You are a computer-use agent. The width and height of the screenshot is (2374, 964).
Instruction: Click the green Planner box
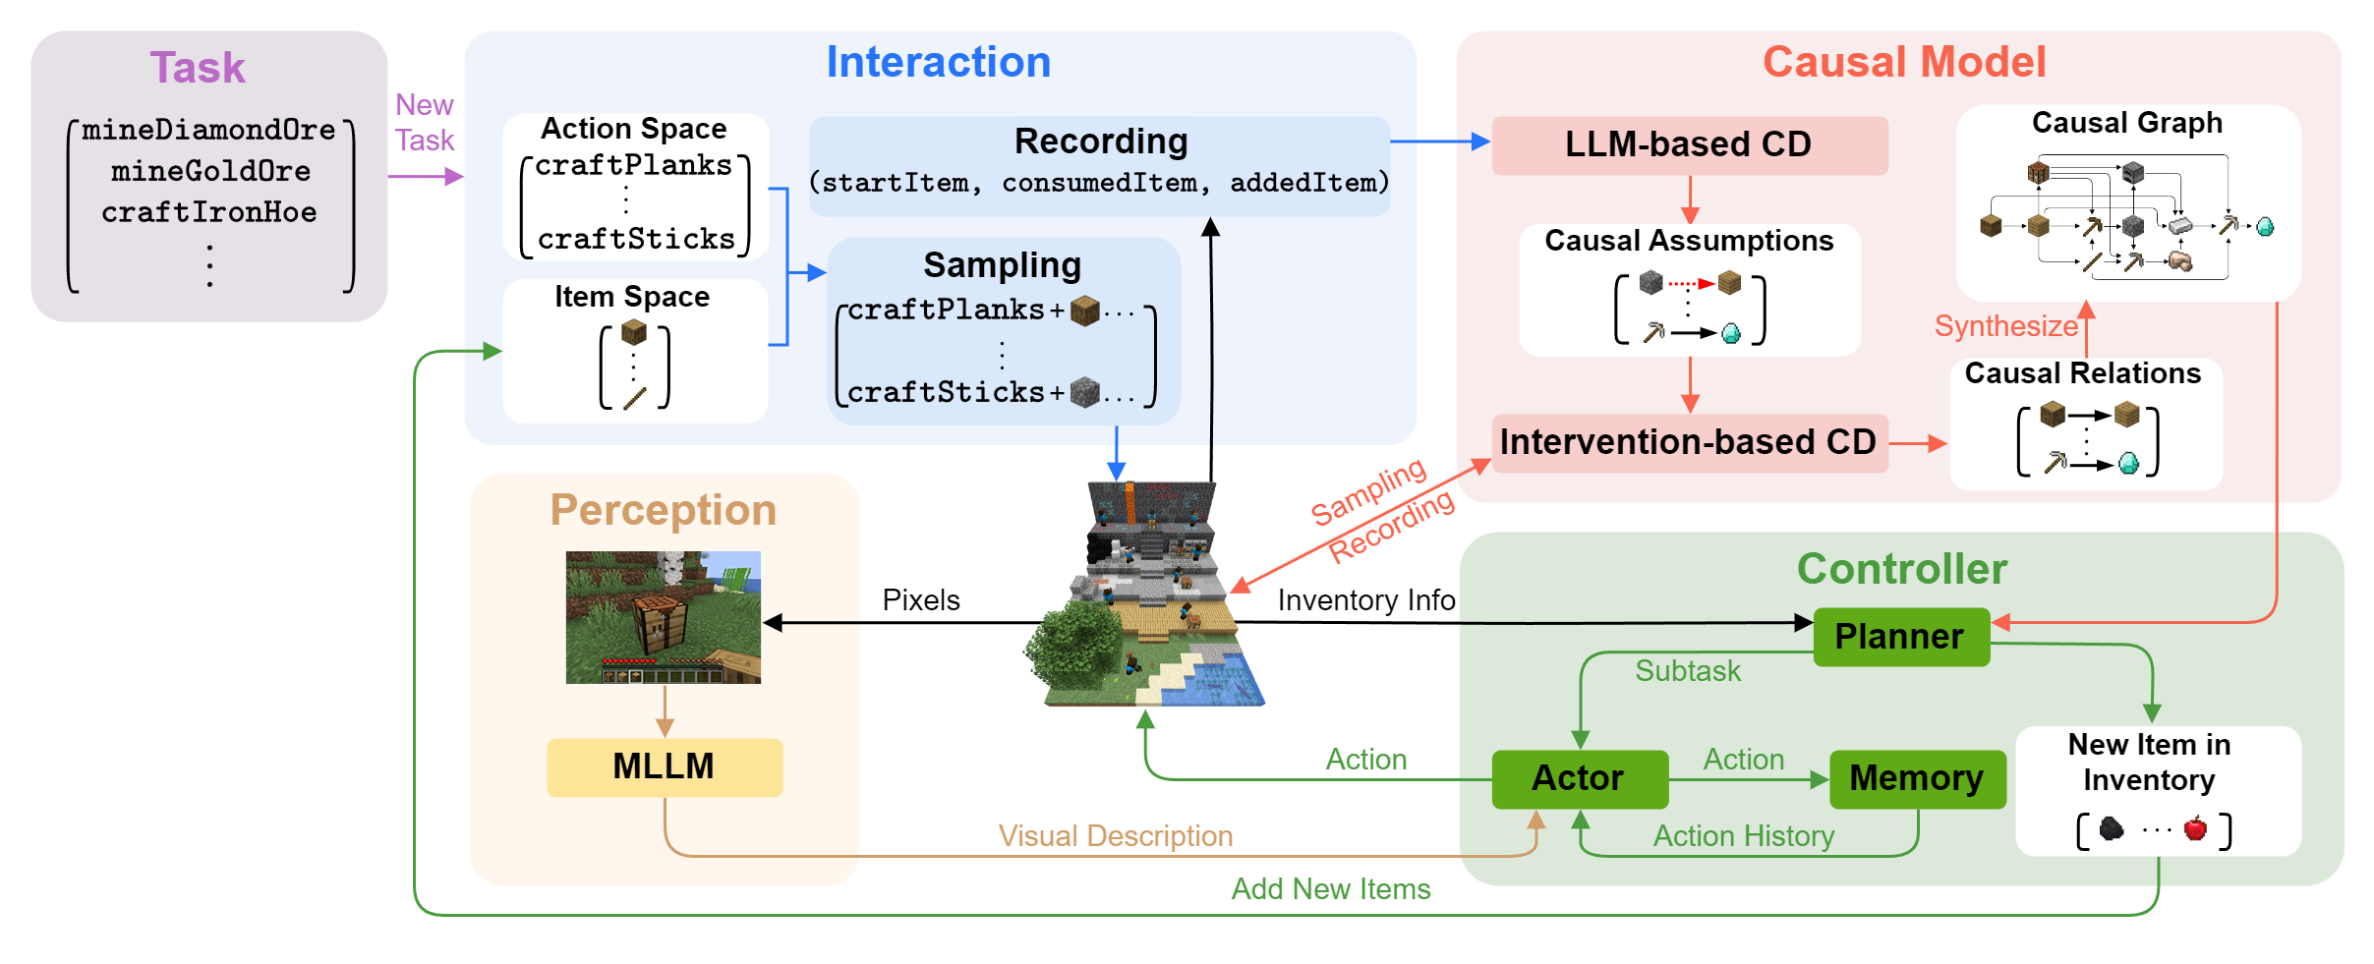coord(1900,637)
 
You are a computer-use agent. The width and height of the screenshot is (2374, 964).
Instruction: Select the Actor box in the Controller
coord(1579,778)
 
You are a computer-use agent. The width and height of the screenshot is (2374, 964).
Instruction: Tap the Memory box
coord(1916,778)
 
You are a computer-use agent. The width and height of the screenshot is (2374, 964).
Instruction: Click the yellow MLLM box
coord(664,766)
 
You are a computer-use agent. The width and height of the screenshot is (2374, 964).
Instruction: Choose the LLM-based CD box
coord(1688,144)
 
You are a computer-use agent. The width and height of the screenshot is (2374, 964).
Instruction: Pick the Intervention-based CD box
coord(1688,442)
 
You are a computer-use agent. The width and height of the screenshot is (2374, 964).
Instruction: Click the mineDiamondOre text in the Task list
coord(208,130)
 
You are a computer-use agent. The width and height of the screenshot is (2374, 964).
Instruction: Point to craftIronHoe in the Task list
coord(208,212)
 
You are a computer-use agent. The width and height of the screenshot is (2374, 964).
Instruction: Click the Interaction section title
coord(938,62)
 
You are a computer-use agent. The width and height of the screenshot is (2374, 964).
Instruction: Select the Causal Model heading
coord(1903,62)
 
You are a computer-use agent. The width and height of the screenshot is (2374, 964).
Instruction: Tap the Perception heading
coord(663,510)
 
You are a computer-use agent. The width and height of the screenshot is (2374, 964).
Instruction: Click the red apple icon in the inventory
coord(2195,828)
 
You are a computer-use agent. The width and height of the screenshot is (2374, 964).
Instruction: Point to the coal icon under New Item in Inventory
coord(2111,829)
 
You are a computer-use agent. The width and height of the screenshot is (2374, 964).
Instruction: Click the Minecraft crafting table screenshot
coord(663,617)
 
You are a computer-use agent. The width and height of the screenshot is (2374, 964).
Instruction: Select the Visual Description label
coord(1115,835)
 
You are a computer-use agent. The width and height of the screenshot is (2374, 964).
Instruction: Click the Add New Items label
coord(1330,888)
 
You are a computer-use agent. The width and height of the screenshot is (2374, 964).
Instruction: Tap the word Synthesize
coord(2005,325)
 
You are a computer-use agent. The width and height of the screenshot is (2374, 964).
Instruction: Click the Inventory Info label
coord(1365,599)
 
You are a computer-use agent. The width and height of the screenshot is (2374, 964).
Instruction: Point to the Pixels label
coord(920,599)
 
